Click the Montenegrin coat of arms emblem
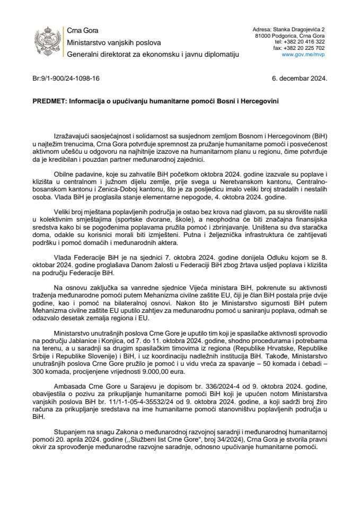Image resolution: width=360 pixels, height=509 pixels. (45, 42)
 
